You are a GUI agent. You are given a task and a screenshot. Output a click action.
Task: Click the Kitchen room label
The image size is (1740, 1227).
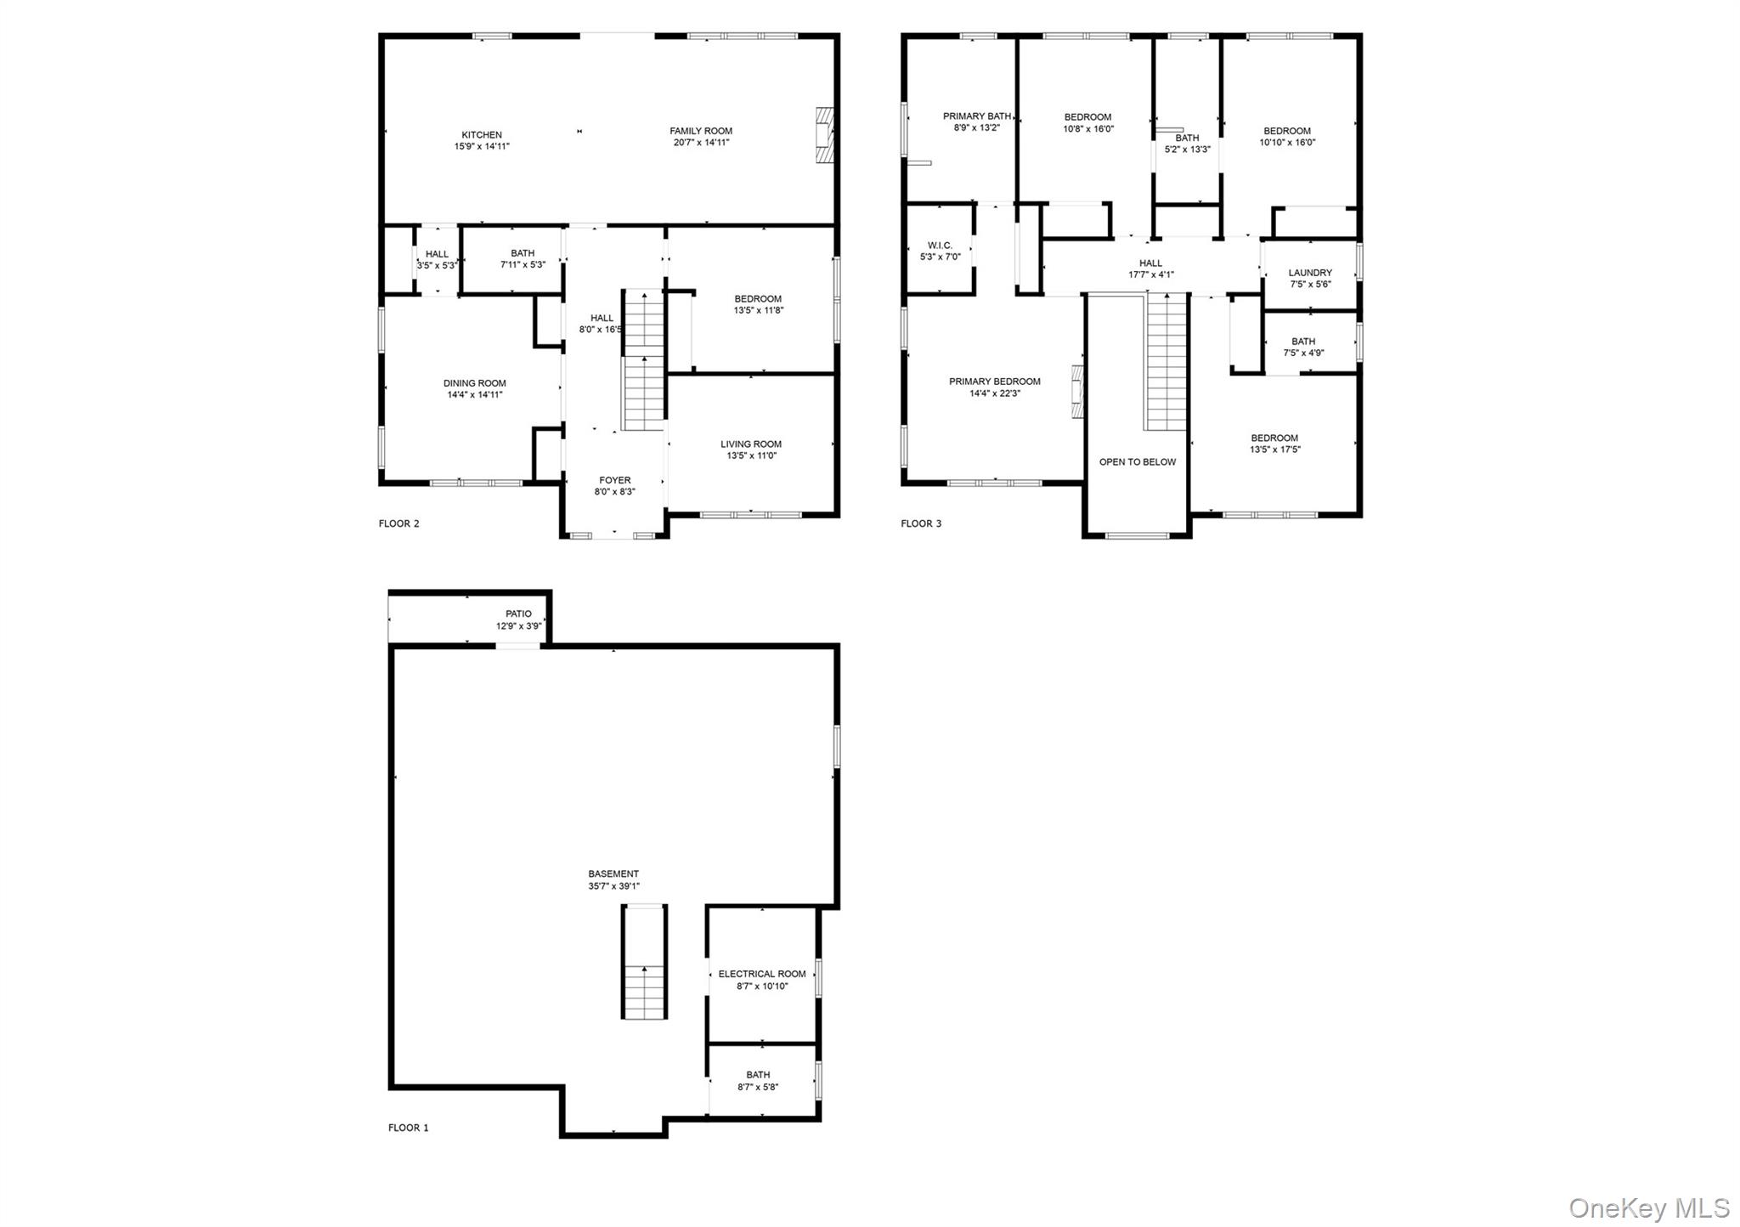click(482, 134)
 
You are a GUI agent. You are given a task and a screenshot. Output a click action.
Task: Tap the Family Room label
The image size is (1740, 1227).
click(701, 131)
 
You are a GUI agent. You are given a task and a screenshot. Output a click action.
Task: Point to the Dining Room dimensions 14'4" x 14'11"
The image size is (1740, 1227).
click(475, 394)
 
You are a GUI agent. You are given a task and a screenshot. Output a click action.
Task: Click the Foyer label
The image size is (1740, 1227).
click(614, 480)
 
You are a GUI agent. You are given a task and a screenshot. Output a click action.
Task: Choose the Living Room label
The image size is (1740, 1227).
click(751, 444)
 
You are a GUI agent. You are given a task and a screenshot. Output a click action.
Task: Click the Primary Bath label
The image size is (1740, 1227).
click(977, 116)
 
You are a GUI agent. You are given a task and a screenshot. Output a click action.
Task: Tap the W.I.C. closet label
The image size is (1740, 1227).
click(940, 246)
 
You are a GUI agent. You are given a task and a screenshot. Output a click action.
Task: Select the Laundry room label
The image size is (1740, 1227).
click(1310, 273)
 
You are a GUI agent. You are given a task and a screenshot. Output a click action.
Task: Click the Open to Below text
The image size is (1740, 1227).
click(1138, 462)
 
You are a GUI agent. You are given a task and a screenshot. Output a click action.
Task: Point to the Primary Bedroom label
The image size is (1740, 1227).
click(995, 382)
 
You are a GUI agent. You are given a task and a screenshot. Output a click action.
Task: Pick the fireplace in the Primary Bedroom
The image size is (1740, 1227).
click(1078, 391)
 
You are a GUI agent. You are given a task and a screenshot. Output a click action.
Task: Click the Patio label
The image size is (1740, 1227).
click(518, 613)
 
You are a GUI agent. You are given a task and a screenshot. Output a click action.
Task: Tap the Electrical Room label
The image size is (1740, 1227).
click(762, 974)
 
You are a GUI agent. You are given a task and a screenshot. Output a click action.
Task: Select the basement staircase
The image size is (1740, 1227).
click(645, 962)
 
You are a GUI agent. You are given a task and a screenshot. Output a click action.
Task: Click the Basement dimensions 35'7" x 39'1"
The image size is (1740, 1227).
click(613, 886)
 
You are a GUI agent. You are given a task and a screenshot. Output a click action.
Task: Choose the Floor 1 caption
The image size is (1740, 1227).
click(409, 1128)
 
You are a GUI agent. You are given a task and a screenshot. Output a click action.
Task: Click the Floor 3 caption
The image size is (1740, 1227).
click(921, 523)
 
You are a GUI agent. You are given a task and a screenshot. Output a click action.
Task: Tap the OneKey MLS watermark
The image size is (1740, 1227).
click(1648, 1207)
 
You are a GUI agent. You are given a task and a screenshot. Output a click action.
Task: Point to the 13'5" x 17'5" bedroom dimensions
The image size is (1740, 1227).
click(1274, 450)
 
